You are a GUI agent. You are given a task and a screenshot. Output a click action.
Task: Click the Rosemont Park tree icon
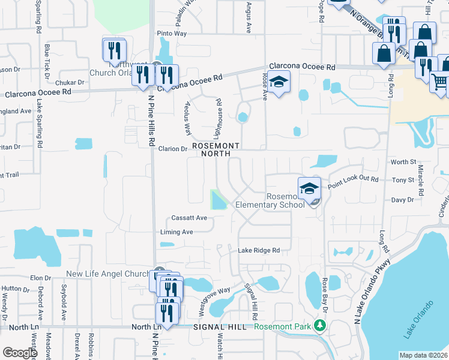tap(321, 326)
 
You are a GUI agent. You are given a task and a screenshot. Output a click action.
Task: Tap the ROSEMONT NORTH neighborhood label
tap(215, 149)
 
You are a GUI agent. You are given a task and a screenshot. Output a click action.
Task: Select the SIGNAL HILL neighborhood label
tap(220, 327)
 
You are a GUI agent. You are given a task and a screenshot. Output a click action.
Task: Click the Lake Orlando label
tap(420, 319)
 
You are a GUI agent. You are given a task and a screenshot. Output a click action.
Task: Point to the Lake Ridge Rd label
tap(259, 250)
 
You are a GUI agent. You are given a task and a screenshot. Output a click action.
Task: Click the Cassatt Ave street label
tap(188, 218)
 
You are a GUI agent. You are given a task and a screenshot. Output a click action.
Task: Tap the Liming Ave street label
tap(176, 232)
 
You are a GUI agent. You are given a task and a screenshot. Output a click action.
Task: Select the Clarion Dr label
tap(173, 149)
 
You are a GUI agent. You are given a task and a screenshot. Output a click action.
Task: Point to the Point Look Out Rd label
tap(354, 179)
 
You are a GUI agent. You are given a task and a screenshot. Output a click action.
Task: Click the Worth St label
tap(403, 162)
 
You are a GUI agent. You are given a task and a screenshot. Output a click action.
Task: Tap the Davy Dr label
tap(402, 200)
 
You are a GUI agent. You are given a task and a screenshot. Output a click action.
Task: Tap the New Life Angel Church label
tap(107, 274)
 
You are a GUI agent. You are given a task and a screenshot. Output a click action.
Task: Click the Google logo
tap(19, 353)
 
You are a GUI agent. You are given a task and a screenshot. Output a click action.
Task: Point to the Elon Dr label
tap(40, 278)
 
